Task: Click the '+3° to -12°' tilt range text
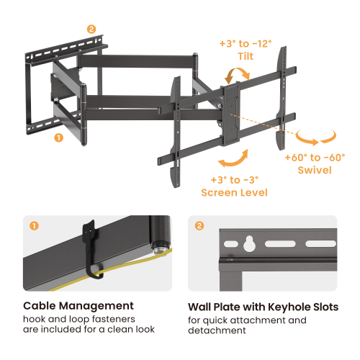pyautogui.click(x=246, y=44)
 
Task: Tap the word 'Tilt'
pyautogui.click(x=246, y=57)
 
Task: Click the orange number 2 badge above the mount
pyautogui.click(x=91, y=30)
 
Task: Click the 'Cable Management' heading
pyautogui.click(x=68, y=306)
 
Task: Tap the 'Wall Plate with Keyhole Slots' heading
pyautogui.click(x=263, y=306)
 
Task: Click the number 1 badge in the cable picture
pyautogui.click(x=34, y=225)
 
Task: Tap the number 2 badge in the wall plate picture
pyautogui.click(x=199, y=225)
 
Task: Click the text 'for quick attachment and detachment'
pyautogui.click(x=247, y=325)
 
